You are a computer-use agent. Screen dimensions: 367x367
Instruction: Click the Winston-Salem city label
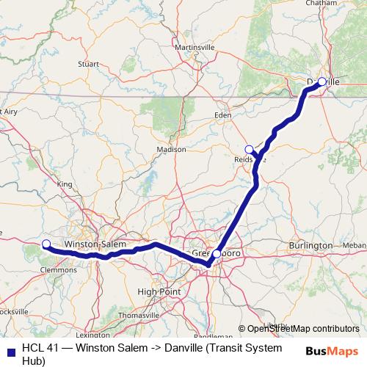(x=96, y=244)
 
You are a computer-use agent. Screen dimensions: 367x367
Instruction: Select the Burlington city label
(x=310, y=244)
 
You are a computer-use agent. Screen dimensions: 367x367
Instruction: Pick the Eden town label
(x=222, y=115)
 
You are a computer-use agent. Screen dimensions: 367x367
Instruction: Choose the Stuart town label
(x=88, y=64)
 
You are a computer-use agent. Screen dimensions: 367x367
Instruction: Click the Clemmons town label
(x=59, y=269)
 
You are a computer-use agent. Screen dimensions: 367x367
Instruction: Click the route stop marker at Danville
(x=321, y=81)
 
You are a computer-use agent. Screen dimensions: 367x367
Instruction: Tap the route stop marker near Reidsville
(x=249, y=149)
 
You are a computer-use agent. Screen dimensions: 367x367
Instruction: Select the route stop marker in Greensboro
(x=216, y=254)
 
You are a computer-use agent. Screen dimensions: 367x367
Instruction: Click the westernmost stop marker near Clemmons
(x=46, y=244)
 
